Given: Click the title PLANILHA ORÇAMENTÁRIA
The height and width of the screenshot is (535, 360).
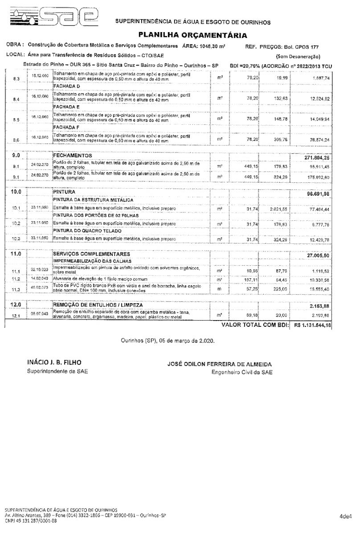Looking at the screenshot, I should pyautogui.click(x=193, y=34).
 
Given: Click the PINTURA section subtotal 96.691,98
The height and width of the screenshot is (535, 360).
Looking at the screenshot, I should pyautogui.click(x=317, y=194).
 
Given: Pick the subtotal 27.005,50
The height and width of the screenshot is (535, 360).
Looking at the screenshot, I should pyautogui.click(x=318, y=255).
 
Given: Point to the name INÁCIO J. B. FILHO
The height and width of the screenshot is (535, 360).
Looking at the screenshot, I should pyautogui.click(x=54, y=362).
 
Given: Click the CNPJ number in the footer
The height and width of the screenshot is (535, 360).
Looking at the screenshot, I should pyautogui.click(x=31, y=520).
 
